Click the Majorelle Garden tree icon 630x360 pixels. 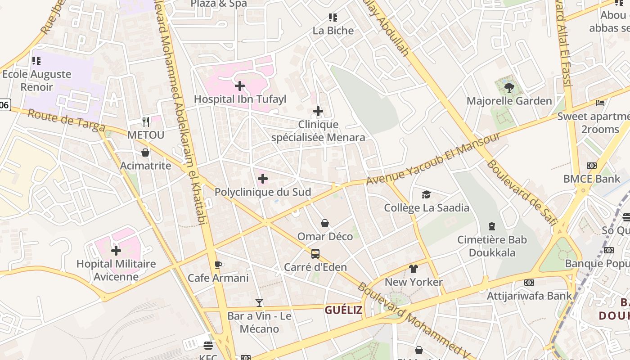[x=509, y=87]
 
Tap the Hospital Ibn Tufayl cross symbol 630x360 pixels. [x=240, y=85]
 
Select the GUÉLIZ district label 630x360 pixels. [x=343, y=310]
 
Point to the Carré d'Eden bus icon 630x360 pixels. [x=315, y=254]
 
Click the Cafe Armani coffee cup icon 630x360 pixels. [x=218, y=265]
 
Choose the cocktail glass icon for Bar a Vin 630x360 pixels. [x=259, y=303]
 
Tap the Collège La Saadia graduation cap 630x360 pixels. [x=426, y=194]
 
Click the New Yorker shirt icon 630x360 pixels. [x=414, y=269]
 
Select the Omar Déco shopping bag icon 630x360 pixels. [x=325, y=223]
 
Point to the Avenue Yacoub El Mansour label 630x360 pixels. [x=433, y=159]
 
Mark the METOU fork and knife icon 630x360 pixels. [x=146, y=121]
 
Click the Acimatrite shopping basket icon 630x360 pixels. [x=145, y=153]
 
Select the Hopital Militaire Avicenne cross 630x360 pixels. [x=116, y=251]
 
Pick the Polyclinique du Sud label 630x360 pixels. [x=263, y=192]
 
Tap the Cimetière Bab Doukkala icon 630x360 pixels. [x=492, y=226]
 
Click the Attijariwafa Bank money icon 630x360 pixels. [x=529, y=283]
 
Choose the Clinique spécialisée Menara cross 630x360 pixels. [x=318, y=111]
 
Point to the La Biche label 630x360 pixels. [x=333, y=31]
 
